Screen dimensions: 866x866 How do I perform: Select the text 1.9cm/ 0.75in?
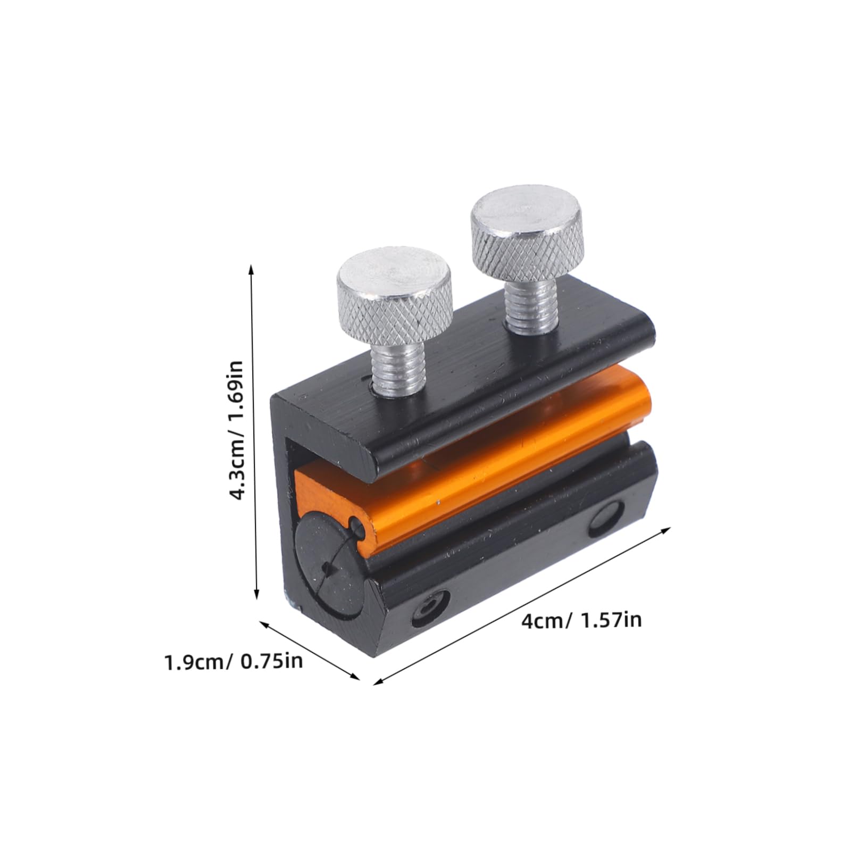click(x=234, y=663)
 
